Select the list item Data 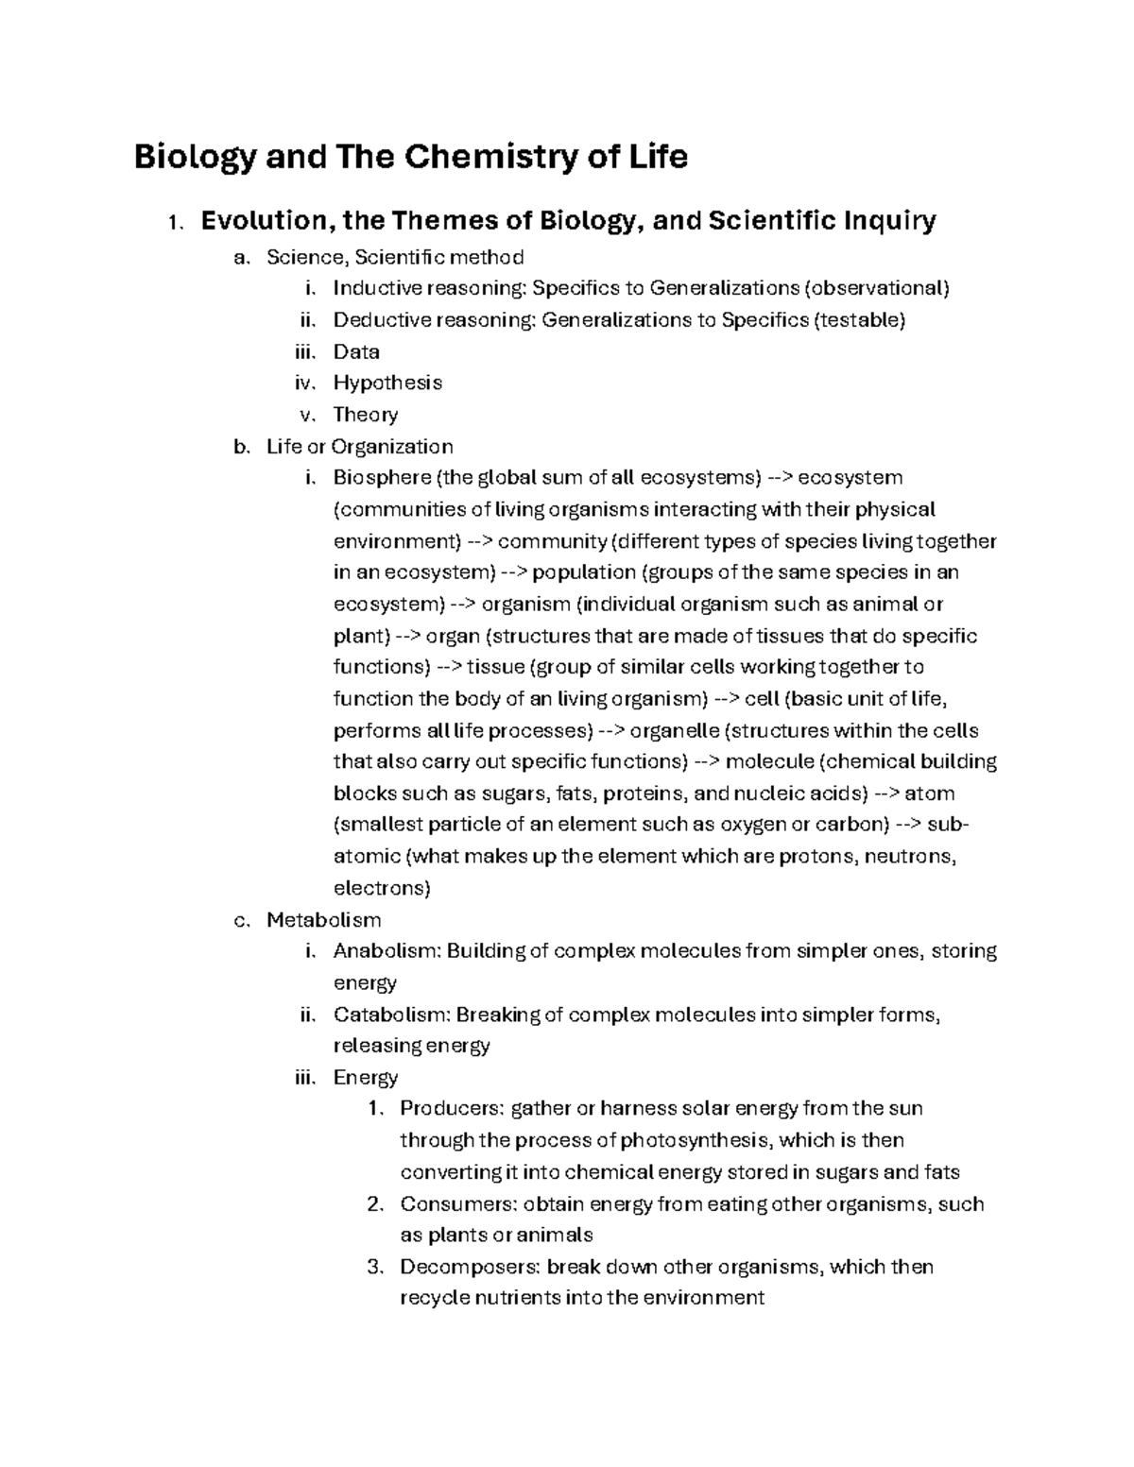pos(356,351)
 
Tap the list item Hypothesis pos(387,384)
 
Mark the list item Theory pos(366,415)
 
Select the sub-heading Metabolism pos(323,919)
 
